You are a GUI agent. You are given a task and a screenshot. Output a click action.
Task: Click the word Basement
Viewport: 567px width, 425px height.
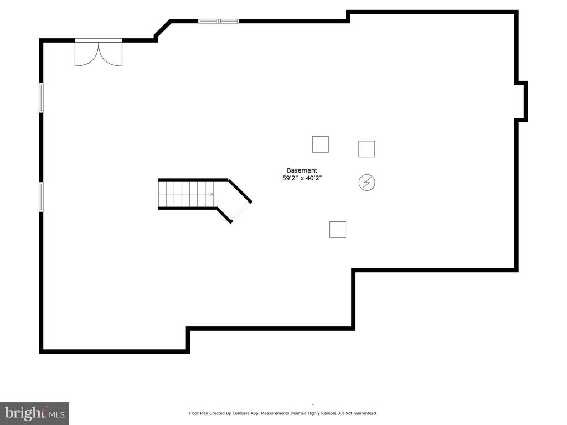pyautogui.click(x=302, y=170)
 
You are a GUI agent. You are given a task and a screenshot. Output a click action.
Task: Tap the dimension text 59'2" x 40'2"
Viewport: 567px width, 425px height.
pyautogui.click(x=302, y=178)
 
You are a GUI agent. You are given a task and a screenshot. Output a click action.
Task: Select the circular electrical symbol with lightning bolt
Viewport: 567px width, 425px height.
pyautogui.click(x=367, y=183)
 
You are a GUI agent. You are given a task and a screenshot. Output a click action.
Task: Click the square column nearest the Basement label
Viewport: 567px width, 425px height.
pyautogui.click(x=321, y=144)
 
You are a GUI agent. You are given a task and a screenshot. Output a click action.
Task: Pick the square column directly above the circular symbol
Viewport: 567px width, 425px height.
pyautogui.click(x=367, y=149)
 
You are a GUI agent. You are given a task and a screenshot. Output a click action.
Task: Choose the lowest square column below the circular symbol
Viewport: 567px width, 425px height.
pyautogui.click(x=338, y=230)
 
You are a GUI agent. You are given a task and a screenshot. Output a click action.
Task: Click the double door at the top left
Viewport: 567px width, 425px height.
pyautogui.click(x=99, y=53)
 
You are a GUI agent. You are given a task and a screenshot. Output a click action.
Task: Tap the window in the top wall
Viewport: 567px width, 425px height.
pyautogui.click(x=219, y=21)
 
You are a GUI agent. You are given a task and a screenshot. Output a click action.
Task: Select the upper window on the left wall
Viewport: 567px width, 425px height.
pyautogui.click(x=41, y=97)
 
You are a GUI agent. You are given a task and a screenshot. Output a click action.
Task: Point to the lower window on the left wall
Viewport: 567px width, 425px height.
pyautogui.click(x=41, y=197)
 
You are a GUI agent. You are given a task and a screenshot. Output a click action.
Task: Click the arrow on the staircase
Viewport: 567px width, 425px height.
pyautogui.click(x=212, y=194)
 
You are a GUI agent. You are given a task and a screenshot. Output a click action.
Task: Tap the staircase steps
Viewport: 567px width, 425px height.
pyautogui.click(x=186, y=194)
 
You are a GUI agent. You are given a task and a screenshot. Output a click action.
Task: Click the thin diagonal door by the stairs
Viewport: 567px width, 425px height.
pyautogui.click(x=241, y=212)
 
